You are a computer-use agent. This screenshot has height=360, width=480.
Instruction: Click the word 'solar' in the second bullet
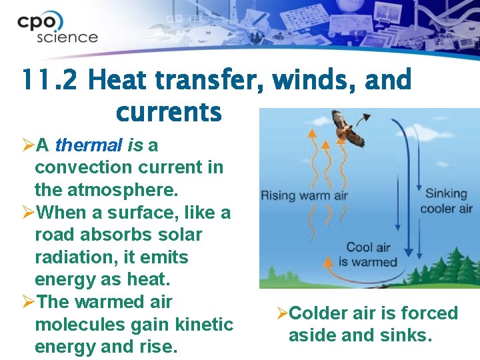click(x=179, y=235)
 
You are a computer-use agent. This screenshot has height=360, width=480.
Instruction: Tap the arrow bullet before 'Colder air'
click(x=282, y=313)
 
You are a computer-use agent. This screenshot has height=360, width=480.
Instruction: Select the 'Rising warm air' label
click(x=304, y=195)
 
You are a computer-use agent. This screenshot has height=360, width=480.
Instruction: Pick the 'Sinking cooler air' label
click(x=446, y=201)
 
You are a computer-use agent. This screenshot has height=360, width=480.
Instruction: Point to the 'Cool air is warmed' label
click(x=367, y=255)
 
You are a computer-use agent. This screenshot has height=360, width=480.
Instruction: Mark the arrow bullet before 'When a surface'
click(x=28, y=213)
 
